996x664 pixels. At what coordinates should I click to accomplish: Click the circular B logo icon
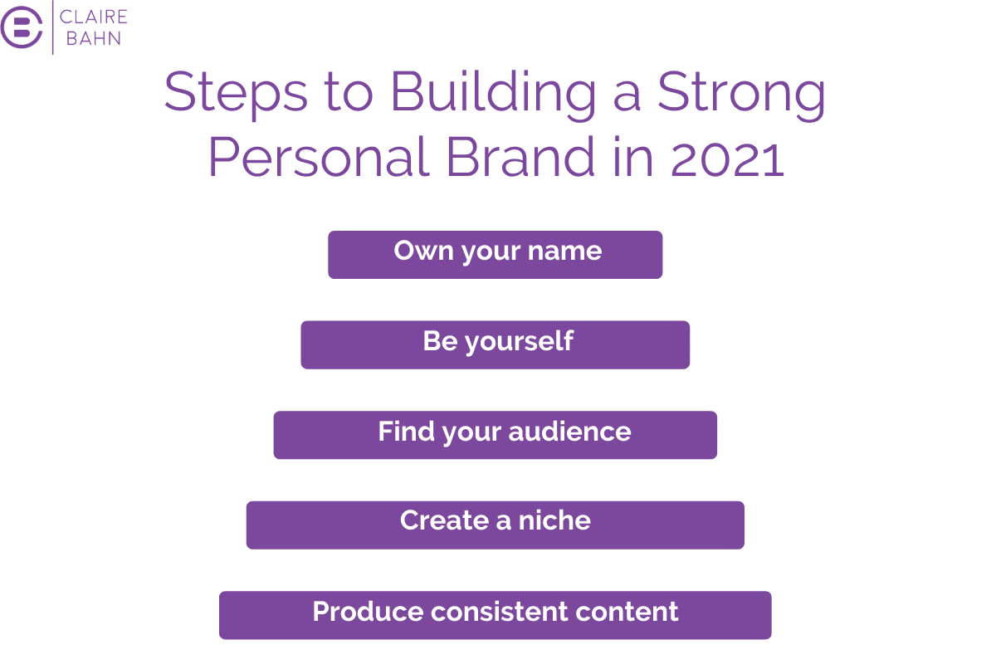click(x=22, y=27)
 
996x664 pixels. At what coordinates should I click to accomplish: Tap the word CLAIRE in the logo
click(x=93, y=17)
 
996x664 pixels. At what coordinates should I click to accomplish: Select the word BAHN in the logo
click(x=93, y=38)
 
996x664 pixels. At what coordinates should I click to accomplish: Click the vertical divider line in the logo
click(x=53, y=27)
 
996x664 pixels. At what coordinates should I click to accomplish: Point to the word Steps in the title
click(x=236, y=95)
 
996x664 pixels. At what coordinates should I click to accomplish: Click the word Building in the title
click(x=493, y=95)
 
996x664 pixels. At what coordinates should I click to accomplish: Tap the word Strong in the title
click(x=741, y=95)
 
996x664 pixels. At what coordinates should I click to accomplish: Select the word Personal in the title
click(x=320, y=157)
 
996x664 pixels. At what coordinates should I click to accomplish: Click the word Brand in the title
click(x=520, y=157)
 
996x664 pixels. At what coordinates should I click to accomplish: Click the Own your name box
click(x=495, y=255)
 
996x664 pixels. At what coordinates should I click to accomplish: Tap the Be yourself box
click(x=495, y=344)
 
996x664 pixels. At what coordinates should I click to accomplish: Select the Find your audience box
click(x=495, y=435)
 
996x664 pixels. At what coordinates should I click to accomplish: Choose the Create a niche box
click(x=495, y=525)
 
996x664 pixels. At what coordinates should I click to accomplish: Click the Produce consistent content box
click(x=495, y=615)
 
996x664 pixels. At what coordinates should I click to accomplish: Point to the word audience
click(x=569, y=432)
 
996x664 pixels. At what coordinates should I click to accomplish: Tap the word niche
click(x=554, y=520)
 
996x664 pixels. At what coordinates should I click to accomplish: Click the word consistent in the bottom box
click(x=500, y=612)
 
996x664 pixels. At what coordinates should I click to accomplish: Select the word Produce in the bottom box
click(x=368, y=611)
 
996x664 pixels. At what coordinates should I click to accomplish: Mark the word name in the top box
click(x=564, y=251)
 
